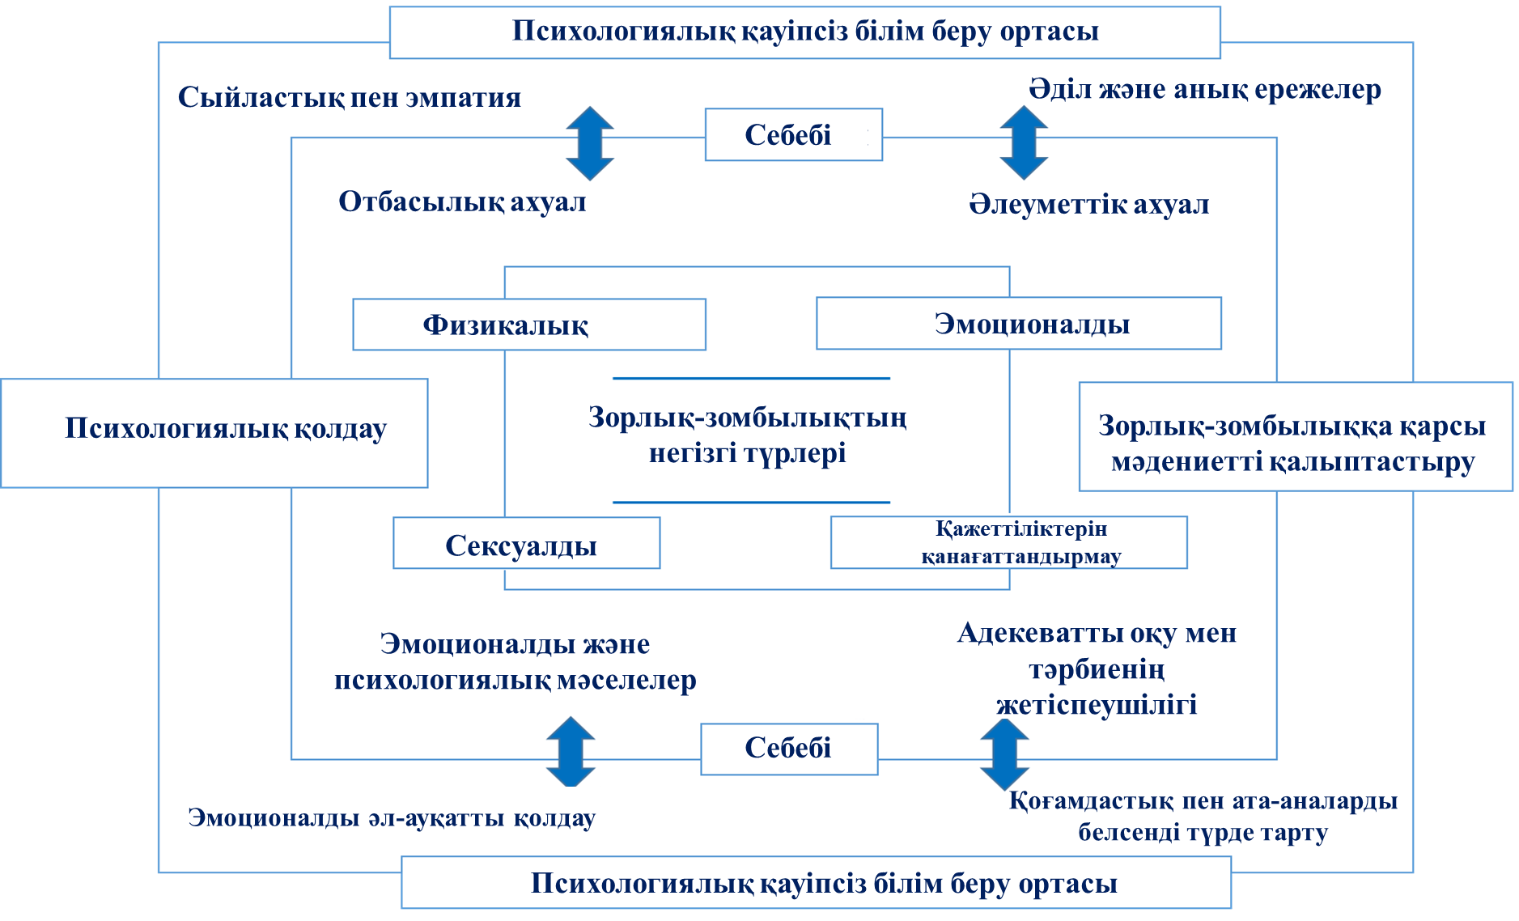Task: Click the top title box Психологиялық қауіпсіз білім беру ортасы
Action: [804, 32]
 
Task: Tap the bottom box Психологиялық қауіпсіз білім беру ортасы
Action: [816, 883]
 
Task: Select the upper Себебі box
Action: [793, 135]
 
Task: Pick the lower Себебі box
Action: [789, 749]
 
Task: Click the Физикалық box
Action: [528, 325]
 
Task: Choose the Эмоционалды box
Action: [1018, 324]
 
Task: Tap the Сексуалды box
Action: [526, 544]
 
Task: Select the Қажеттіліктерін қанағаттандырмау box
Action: [1008, 542]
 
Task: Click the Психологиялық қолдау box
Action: [214, 433]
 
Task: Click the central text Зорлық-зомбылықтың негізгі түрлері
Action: [748, 435]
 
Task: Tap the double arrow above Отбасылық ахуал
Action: [589, 143]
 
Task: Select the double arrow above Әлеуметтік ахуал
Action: [1024, 142]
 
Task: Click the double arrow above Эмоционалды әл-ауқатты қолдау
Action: [571, 752]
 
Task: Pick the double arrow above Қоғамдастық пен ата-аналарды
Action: [1004, 754]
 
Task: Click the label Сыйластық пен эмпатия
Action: [349, 98]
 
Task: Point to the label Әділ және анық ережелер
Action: [1204, 89]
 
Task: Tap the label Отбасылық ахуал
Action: [462, 202]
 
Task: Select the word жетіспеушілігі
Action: [1097, 705]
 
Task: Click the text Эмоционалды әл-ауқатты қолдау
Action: [392, 817]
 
